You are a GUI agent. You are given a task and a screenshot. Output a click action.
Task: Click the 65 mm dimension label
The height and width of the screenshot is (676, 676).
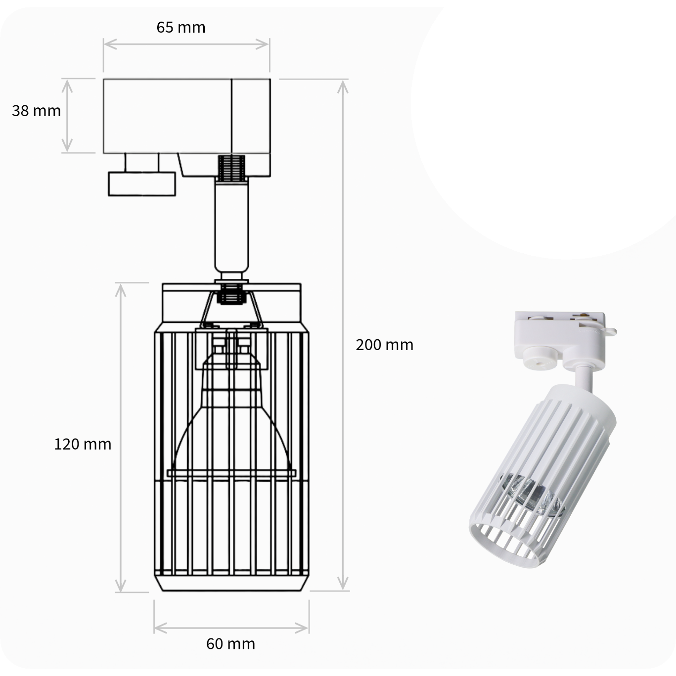click(180, 27)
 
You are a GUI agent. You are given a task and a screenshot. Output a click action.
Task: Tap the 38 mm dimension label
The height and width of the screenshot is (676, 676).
click(36, 111)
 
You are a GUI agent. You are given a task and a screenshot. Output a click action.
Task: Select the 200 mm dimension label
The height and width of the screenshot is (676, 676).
click(384, 345)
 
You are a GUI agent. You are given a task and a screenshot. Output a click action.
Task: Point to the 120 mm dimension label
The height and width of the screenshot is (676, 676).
click(83, 444)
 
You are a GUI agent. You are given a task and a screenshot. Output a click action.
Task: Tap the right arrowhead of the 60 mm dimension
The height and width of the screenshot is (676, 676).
click(302, 628)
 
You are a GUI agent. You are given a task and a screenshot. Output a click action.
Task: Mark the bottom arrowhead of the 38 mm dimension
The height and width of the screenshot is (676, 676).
click(67, 145)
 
